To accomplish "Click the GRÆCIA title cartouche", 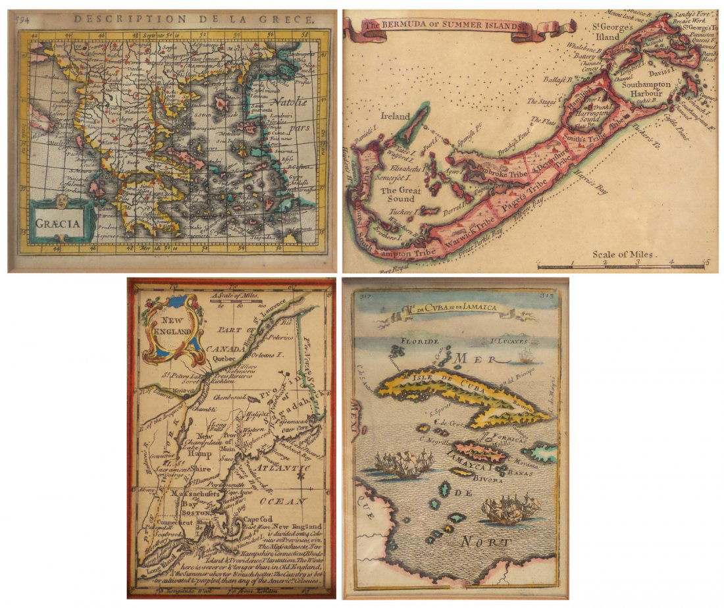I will [x=63, y=221].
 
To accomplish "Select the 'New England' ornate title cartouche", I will [x=172, y=328].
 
